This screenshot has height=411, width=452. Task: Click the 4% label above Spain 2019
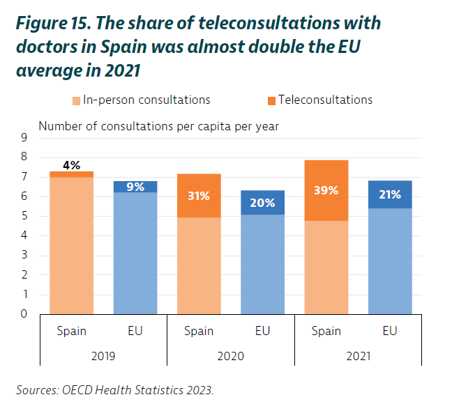[71, 165]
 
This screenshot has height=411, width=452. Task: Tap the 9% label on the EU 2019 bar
[135, 186]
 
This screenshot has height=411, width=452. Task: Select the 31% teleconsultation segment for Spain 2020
[199, 196]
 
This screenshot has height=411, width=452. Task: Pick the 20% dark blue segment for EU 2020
[262, 203]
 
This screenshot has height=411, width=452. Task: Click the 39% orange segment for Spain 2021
[326, 190]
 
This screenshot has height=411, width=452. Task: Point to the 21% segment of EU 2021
[390, 194]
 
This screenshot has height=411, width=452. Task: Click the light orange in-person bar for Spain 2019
[71, 244]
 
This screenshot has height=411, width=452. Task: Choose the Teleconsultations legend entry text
[325, 100]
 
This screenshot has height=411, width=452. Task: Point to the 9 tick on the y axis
[24, 138]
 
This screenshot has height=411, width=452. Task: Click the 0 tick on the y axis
[24, 313]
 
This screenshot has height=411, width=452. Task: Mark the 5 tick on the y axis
[24, 216]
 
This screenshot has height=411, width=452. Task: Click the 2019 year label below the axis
[103, 355]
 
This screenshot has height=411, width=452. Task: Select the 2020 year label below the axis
[230, 355]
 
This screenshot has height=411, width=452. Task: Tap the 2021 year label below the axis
[358, 355]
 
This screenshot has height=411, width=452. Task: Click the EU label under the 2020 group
[262, 331]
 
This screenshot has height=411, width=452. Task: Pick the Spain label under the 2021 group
[326, 331]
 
